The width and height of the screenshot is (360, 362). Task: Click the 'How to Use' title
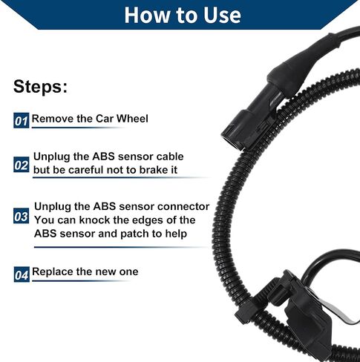tap(183, 15)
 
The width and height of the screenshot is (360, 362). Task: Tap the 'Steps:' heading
tap(40, 87)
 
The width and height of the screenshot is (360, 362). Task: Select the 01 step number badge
tap(21, 120)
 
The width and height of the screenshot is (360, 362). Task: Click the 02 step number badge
tap(22, 165)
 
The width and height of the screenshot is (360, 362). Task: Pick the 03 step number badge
tap(21, 216)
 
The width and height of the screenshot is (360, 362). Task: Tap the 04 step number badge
tap(22, 274)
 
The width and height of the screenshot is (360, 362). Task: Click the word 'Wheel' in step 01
tap(132, 119)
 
